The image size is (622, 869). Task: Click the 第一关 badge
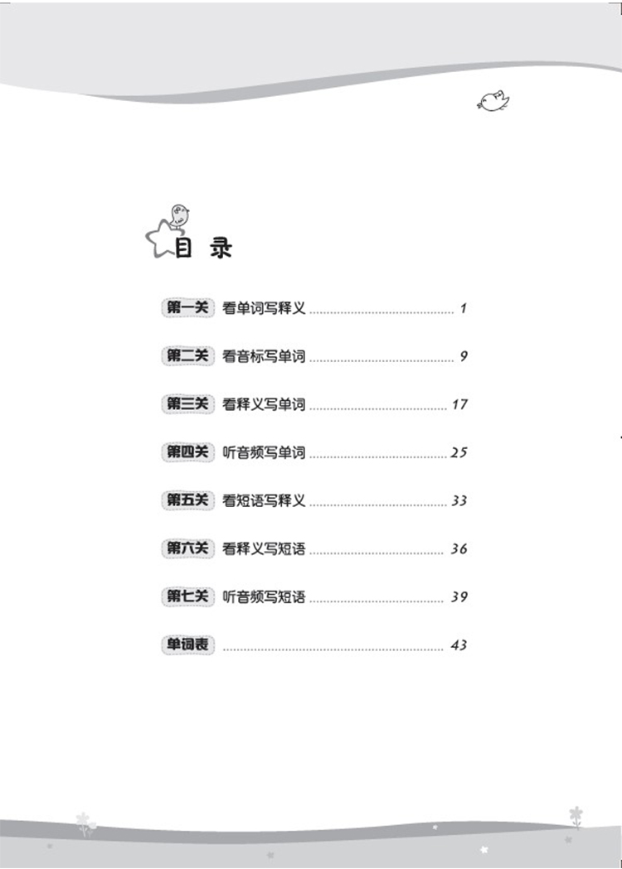(187, 309)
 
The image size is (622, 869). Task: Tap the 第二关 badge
(187, 357)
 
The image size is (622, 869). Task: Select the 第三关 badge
(187, 405)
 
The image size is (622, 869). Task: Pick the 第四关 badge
(187, 453)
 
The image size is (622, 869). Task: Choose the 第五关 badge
(187, 501)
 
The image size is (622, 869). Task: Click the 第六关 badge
(187, 549)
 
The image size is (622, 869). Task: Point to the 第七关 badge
(187, 597)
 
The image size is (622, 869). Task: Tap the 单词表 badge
(187, 645)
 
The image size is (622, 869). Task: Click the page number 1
(464, 309)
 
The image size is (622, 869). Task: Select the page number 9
(464, 357)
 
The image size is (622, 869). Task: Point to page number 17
(460, 405)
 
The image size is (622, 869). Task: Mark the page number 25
(459, 453)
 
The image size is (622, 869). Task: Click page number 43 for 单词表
(459, 645)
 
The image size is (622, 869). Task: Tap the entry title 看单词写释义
(265, 309)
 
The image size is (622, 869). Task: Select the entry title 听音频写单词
(265, 453)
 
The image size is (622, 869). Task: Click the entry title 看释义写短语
(265, 549)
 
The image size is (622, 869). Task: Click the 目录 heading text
(204, 249)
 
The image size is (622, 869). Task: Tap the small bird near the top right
(493, 102)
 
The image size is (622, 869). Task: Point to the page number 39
(459, 597)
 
